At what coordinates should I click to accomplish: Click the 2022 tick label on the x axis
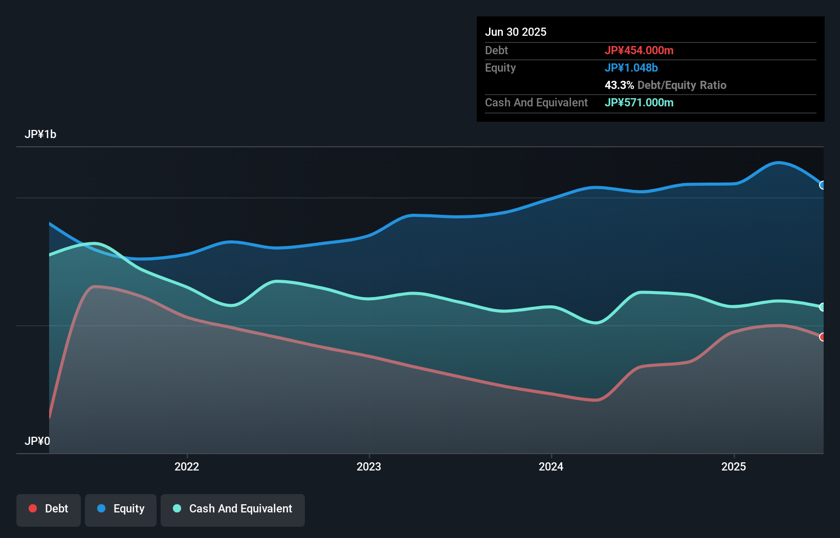(187, 466)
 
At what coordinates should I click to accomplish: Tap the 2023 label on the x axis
(369, 466)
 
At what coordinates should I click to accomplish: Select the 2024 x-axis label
(551, 466)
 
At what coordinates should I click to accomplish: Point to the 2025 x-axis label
(734, 466)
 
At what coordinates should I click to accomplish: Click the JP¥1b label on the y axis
(40, 134)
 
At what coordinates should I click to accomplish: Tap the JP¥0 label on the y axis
(37, 441)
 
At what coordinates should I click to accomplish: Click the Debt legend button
(49, 509)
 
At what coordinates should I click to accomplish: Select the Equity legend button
(121, 509)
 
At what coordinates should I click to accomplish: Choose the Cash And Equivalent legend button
(233, 509)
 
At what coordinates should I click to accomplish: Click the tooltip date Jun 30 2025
(516, 32)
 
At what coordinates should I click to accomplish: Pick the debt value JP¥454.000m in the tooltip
(639, 50)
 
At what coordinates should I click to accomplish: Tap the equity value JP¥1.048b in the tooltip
(631, 68)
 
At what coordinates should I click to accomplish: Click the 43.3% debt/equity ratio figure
(619, 85)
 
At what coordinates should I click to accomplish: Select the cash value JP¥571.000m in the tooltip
(639, 102)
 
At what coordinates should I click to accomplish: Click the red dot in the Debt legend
(33, 508)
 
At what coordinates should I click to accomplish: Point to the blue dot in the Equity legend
(101, 508)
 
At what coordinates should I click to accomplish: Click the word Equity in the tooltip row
(500, 68)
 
